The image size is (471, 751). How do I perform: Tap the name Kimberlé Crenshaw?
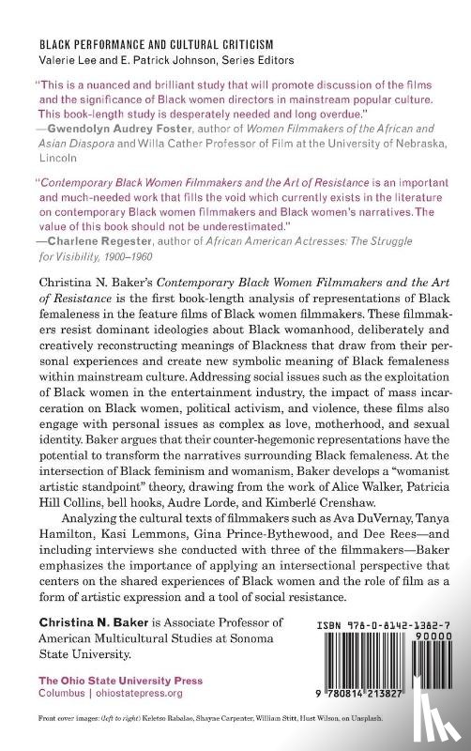tap(352, 511)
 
